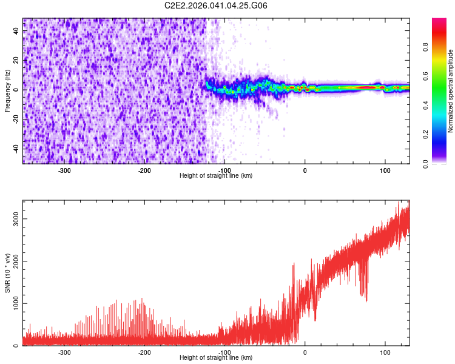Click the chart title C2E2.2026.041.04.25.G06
click(x=216, y=5)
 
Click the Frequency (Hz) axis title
click(x=7, y=91)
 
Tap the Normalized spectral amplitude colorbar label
click(x=451, y=91)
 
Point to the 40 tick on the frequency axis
click(x=16, y=31)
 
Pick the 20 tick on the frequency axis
click(x=16, y=61)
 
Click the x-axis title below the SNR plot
click(x=216, y=358)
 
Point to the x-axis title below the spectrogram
click(x=216, y=176)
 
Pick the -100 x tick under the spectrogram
click(x=224, y=170)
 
